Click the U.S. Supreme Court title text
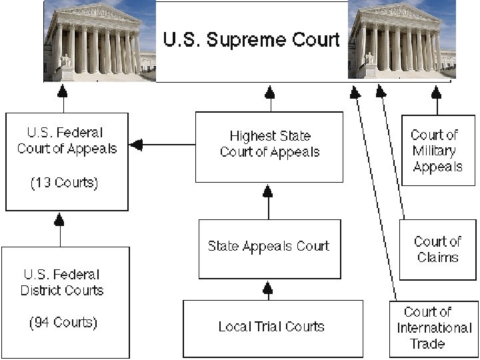coord(251,39)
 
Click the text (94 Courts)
coord(63,323)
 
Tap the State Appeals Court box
coord(269,246)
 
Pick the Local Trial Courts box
coord(272,327)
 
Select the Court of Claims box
coord(437,249)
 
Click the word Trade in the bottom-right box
coord(427,344)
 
